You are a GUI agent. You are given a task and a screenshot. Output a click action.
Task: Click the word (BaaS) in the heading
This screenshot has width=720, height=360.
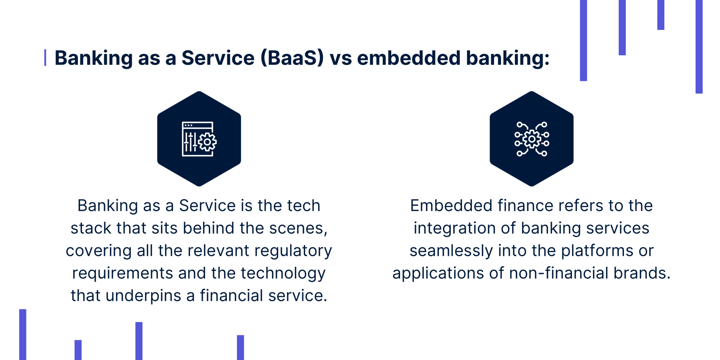pos(292,58)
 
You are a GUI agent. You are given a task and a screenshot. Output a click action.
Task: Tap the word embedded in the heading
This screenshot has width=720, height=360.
pos(409,58)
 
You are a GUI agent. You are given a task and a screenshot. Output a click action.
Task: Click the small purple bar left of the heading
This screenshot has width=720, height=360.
pos(45,58)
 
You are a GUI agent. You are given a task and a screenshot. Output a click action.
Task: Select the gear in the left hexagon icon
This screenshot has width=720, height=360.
pos(207,142)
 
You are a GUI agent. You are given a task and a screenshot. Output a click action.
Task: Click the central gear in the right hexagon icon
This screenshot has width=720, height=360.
pos(532,139)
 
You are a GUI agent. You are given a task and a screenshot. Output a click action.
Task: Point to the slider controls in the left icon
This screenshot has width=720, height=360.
pos(191,142)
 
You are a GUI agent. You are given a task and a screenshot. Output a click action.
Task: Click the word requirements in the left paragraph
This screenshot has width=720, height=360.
pos(122,274)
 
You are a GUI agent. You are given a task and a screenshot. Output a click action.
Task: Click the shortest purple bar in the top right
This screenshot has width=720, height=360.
pos(661,15)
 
